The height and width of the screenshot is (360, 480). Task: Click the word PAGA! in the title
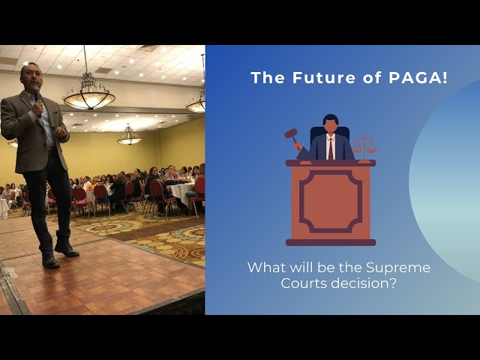418,78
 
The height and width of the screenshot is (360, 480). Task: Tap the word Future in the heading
324,78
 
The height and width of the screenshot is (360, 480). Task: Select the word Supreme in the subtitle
398,268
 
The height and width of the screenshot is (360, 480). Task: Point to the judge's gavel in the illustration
292,137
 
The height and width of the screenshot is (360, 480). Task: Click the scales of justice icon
364,148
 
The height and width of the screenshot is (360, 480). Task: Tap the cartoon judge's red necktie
330,148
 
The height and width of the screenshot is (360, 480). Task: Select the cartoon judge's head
330,122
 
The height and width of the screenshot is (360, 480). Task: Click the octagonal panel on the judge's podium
331,202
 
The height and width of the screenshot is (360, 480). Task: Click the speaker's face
31,76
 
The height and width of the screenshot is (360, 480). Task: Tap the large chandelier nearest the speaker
88,91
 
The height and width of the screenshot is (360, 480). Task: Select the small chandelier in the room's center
130,136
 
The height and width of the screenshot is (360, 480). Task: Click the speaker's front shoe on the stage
50,261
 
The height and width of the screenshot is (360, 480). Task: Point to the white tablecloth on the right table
181,193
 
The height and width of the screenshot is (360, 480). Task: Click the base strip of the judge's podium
331,242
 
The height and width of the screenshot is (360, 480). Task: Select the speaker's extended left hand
61,132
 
